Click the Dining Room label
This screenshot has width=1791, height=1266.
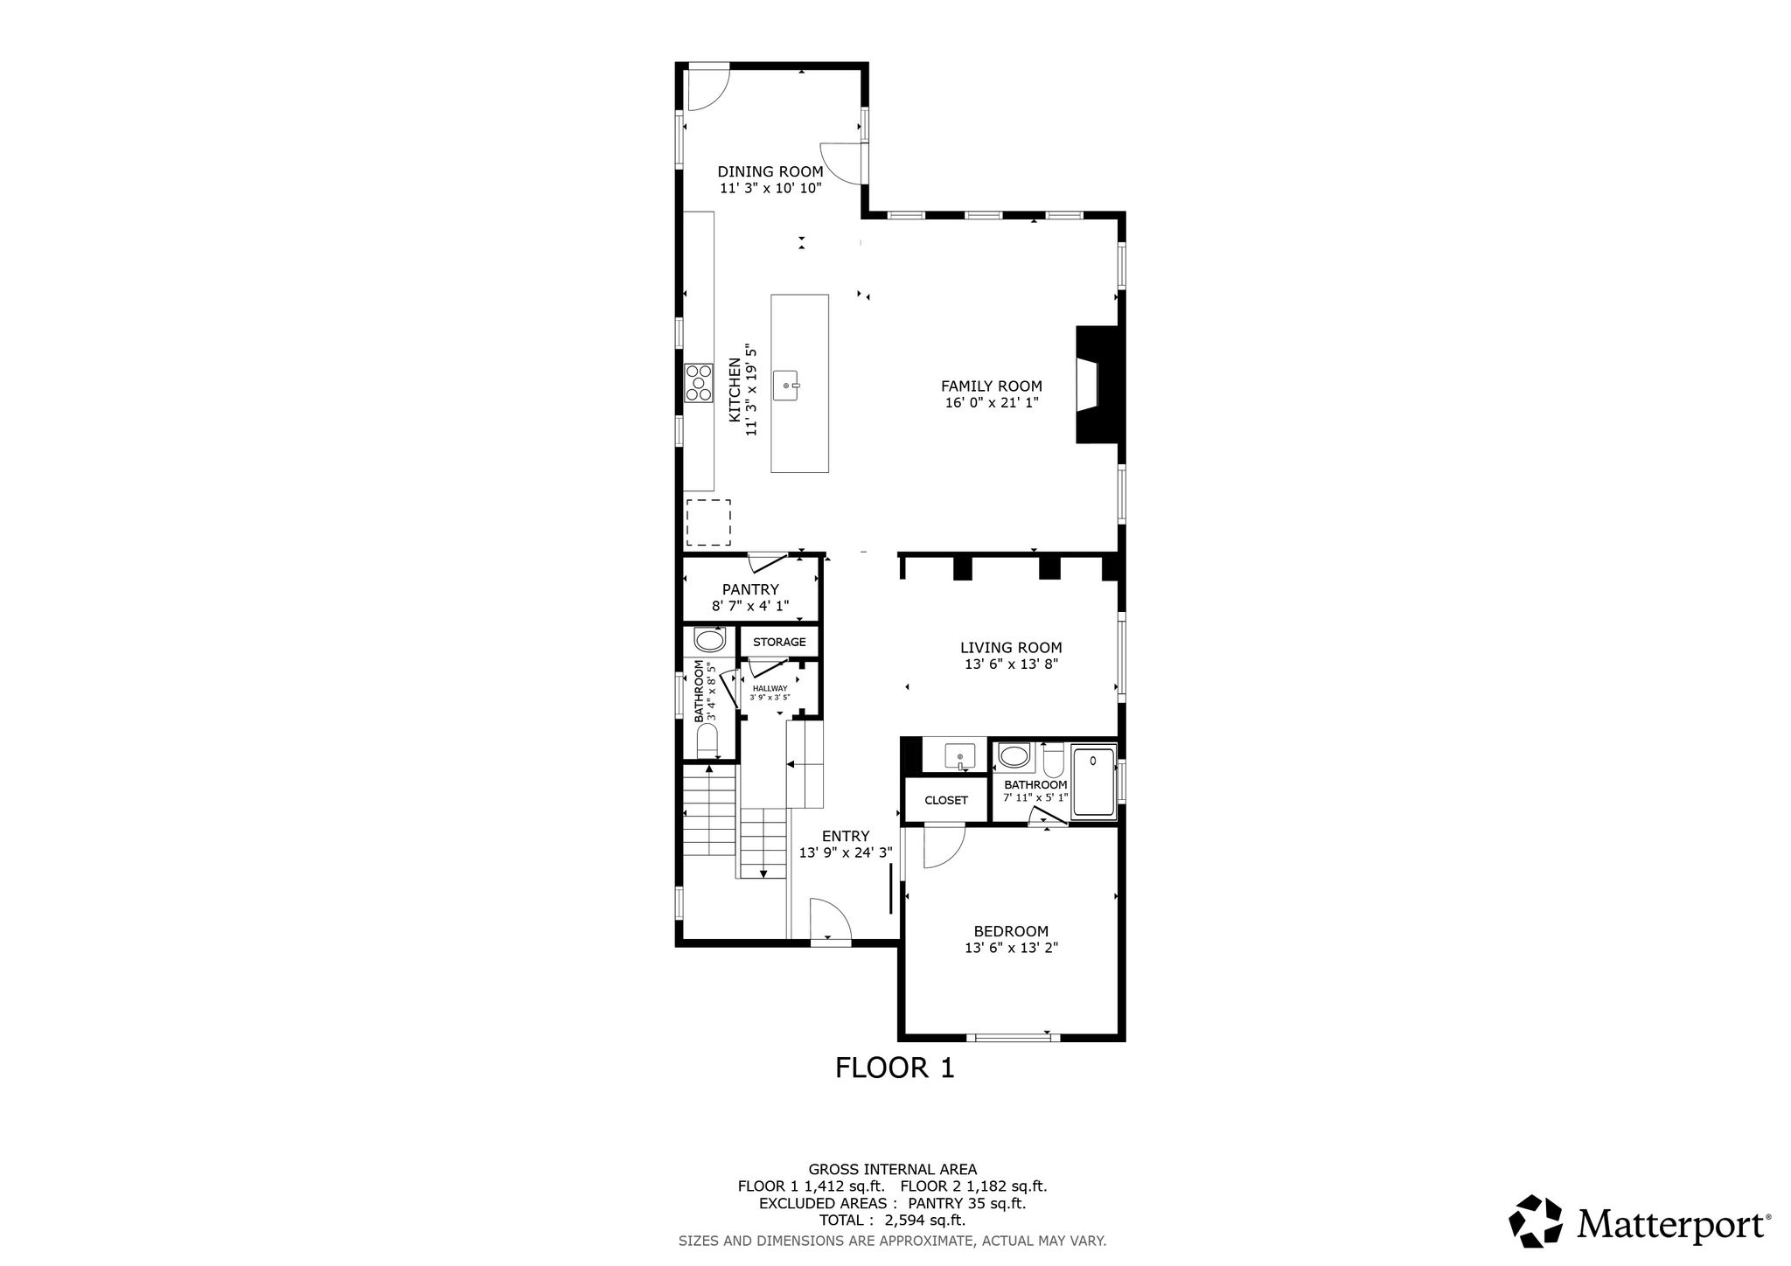click(770, 171)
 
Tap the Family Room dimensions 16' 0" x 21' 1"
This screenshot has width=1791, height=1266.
click(991, 403)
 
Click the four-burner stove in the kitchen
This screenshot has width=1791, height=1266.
click(699, 384)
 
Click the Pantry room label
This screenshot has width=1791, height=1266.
click(750, 590)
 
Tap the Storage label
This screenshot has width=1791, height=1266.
click(779, 642)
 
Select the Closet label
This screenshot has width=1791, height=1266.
click(946, 800)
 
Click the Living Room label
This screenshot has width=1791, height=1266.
click(1011, 648)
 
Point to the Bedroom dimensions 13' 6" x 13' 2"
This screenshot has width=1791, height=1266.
click(1011, 948)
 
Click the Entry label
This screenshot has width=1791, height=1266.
click(846, 836)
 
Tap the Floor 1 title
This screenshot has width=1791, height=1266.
click(895, 1068)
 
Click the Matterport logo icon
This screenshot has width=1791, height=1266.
click(1537, 1221)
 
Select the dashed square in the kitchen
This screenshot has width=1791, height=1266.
click(707, 522)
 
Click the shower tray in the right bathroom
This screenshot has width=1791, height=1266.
click(1094, 783)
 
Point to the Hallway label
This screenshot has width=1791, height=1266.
click(770, 688)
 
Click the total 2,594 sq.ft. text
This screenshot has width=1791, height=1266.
click(892, 1221)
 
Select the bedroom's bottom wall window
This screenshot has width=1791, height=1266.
click(1013, 1037)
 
